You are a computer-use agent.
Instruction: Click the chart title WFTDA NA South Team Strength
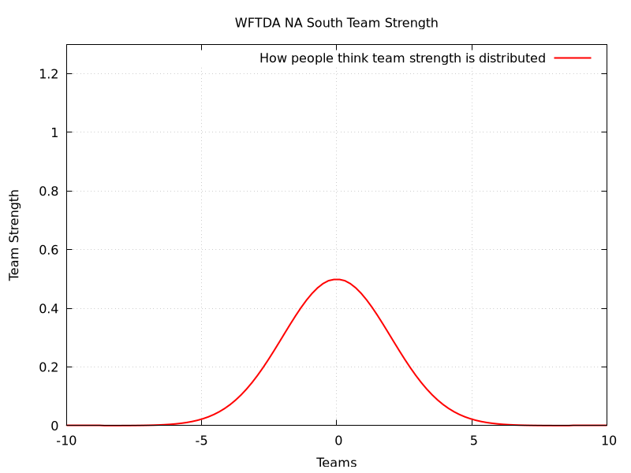pyautogui.click(x=336, y=23)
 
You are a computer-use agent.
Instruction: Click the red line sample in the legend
pyautogui.click(x=573, y=58)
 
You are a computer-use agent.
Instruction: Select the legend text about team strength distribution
pyautogui.click(x=402, y=58)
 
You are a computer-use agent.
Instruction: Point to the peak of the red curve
pyautogui.click(x=337, y=279)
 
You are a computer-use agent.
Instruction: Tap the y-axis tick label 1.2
pyautogui.click(x=50, y=74)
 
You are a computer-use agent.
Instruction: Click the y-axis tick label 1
pyautogui.click(x=54, y=132)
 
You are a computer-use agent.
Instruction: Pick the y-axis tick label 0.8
pyautogui.click(x=50, y=192)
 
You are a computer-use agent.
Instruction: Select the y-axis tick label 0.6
pyautogui.click(x=50, y=250)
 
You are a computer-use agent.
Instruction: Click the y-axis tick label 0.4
pyautogui.click(x=50, y=308)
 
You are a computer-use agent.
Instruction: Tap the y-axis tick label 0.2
pyautogui.click(x=50, y=367)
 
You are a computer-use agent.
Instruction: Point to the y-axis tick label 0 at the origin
pyautogui.click(x=54, y=426)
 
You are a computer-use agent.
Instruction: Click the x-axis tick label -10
pyautogui.click(x=66, y=441)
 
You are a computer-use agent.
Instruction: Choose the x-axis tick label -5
pyautogui.click(x=201, y=441)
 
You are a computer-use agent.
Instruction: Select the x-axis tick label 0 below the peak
pyautogui.click(x=337, y=441)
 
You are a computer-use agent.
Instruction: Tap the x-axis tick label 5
pyautogui.click(x=472, y=441)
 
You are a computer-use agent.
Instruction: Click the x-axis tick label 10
pyautogui.click(x=607, y=441)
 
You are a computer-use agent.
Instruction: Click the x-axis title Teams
pyautogui.click(x=337, y=463)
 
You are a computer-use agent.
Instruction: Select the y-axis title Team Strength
pyautogui.click(x=14, y=235)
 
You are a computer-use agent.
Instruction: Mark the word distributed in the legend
pyautogui.click(x=510, y=58)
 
